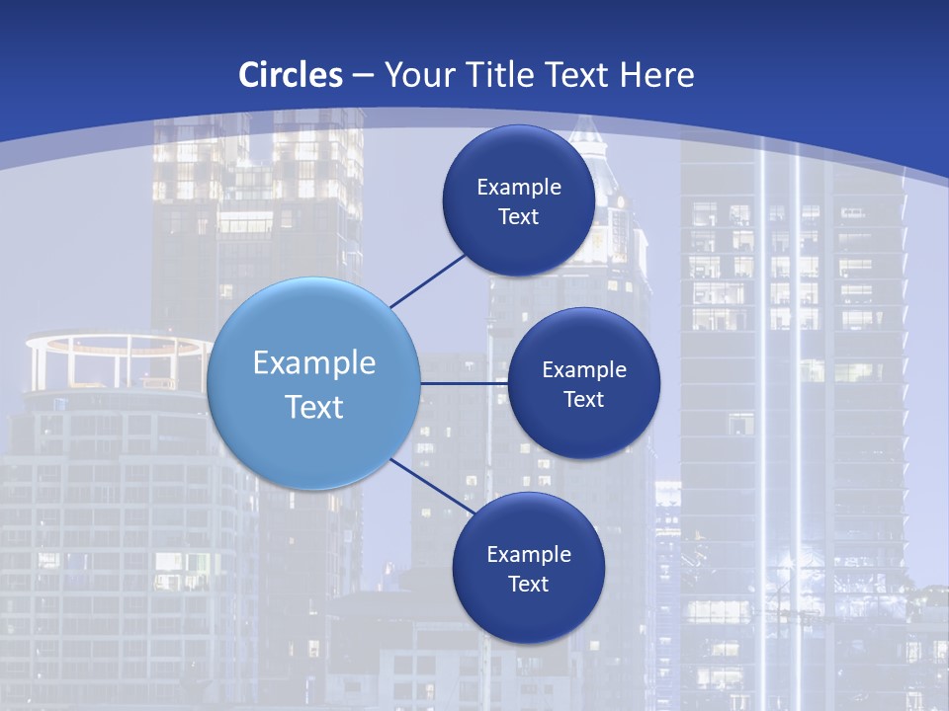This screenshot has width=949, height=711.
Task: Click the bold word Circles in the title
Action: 291,75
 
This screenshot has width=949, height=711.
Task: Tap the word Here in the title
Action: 656,75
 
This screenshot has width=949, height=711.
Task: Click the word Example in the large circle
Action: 314,363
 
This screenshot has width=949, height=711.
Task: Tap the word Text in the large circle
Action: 314,407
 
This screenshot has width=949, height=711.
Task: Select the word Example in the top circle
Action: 519,187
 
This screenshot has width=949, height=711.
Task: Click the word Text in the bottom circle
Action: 528,584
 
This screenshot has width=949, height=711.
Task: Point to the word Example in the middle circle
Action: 584,369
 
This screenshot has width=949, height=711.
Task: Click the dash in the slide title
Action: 363,75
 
